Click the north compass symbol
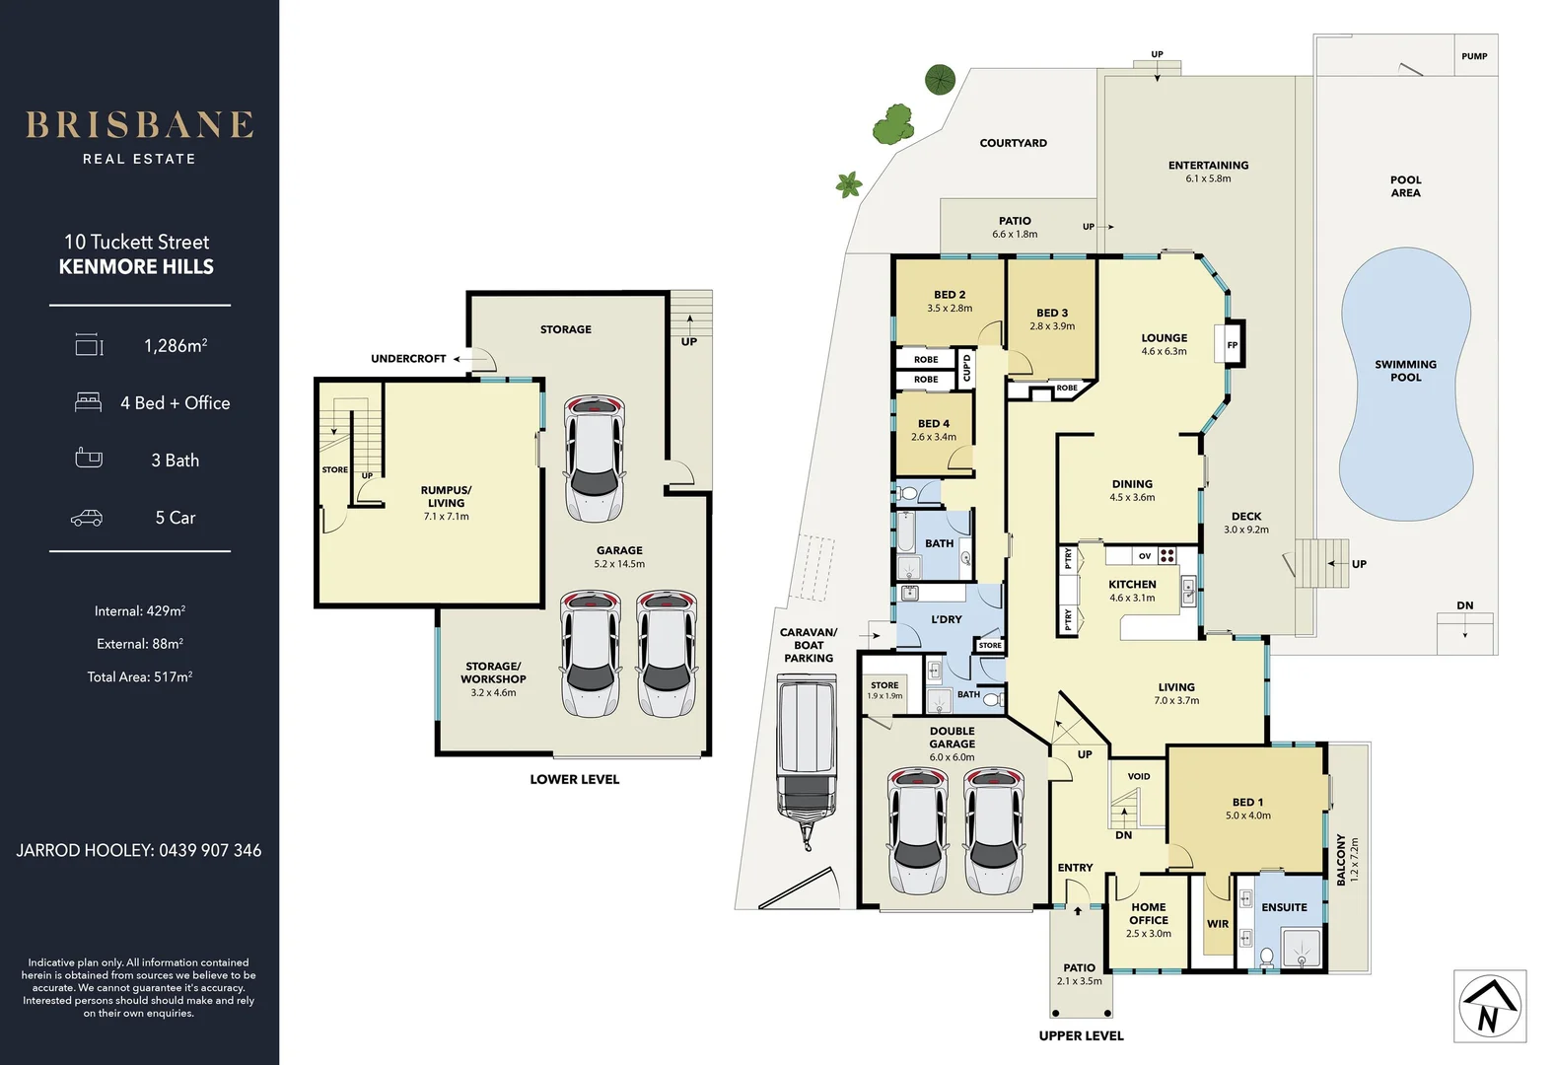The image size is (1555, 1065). (1489, 1007)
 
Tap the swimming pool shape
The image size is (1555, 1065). (1406, 385)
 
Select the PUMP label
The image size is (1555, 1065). (1474, 56)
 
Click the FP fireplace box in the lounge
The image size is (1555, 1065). (1233, 345)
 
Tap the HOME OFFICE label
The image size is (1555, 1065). (1149, 913)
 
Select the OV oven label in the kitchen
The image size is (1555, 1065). (1145, 556)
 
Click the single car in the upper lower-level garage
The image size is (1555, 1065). (594, 458)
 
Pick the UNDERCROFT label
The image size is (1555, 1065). (408, 359)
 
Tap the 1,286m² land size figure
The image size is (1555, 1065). (176, 346)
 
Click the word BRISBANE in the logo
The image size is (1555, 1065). (139, 125)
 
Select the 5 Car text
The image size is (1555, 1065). (175, 518)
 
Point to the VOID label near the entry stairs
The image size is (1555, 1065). (1139, 776)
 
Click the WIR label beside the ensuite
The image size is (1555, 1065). (1218, 924)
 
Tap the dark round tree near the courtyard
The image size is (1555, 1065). (940, 79)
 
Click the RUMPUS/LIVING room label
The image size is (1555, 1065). (446, 496)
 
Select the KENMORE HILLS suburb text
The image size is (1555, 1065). (136, 267)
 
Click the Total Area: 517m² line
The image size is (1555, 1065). (140, 677)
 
